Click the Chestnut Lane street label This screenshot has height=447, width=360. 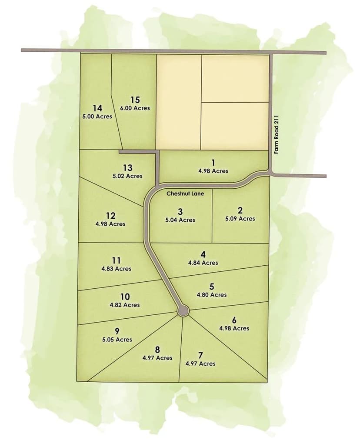[183, 193]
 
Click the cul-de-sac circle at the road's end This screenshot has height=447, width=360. [183, 311]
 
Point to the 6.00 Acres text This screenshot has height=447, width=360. [135, 108]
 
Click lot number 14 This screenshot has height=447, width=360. [97, 108]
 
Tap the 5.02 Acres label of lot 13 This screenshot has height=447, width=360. [127, 176]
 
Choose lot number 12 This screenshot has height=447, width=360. [110, 216]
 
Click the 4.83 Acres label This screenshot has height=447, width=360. [116, 269]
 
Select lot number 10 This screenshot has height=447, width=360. [125, 297]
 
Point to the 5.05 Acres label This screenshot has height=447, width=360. [117, 340]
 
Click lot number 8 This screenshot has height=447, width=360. [157, 350]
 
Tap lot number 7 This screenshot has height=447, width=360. [200, 355]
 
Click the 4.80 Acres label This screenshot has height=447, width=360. [212, 295]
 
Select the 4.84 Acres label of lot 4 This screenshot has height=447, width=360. [203, 263]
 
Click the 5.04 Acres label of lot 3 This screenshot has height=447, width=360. [180, 220]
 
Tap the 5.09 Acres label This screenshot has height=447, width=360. [240, 219]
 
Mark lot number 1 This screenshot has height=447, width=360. [213, 163]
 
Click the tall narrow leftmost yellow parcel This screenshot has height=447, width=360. [179, 102]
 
